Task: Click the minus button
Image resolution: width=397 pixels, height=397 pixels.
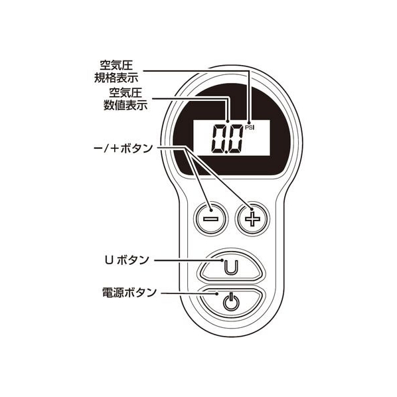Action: [x=210, y=219]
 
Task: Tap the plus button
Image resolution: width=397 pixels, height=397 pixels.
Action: [x=252, y=219]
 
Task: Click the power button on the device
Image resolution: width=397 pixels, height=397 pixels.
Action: [x=230, y=303]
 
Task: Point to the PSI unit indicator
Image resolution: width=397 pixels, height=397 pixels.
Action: [x=250, y=128]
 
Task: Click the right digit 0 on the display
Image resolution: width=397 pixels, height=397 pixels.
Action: [x=235, y=139]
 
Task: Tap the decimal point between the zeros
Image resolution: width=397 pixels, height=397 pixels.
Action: [x=226, y=151]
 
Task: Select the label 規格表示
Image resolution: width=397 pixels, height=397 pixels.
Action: [x=116, y=78]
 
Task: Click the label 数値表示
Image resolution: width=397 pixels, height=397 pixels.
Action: [x=125, y=105]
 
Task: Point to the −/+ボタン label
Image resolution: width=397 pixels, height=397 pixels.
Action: [x=123, y=149]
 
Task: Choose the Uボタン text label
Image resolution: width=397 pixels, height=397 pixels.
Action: [x=127, y=260]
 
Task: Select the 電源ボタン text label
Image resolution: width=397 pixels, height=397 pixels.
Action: [x=129, y=292]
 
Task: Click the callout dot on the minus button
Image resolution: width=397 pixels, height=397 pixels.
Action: [x=211, y=210]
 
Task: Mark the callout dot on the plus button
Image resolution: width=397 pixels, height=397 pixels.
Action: [x=252, y=209]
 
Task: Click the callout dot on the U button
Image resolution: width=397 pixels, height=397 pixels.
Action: [x=222, y=260]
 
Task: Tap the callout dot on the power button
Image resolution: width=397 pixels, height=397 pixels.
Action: [x=217, y=293]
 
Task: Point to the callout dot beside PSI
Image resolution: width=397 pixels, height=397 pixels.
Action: [x=250, y=122]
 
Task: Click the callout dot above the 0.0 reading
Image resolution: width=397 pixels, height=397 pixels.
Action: [x=228, y=121]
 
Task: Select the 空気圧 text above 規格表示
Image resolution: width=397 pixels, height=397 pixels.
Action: [x=116, y=65]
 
